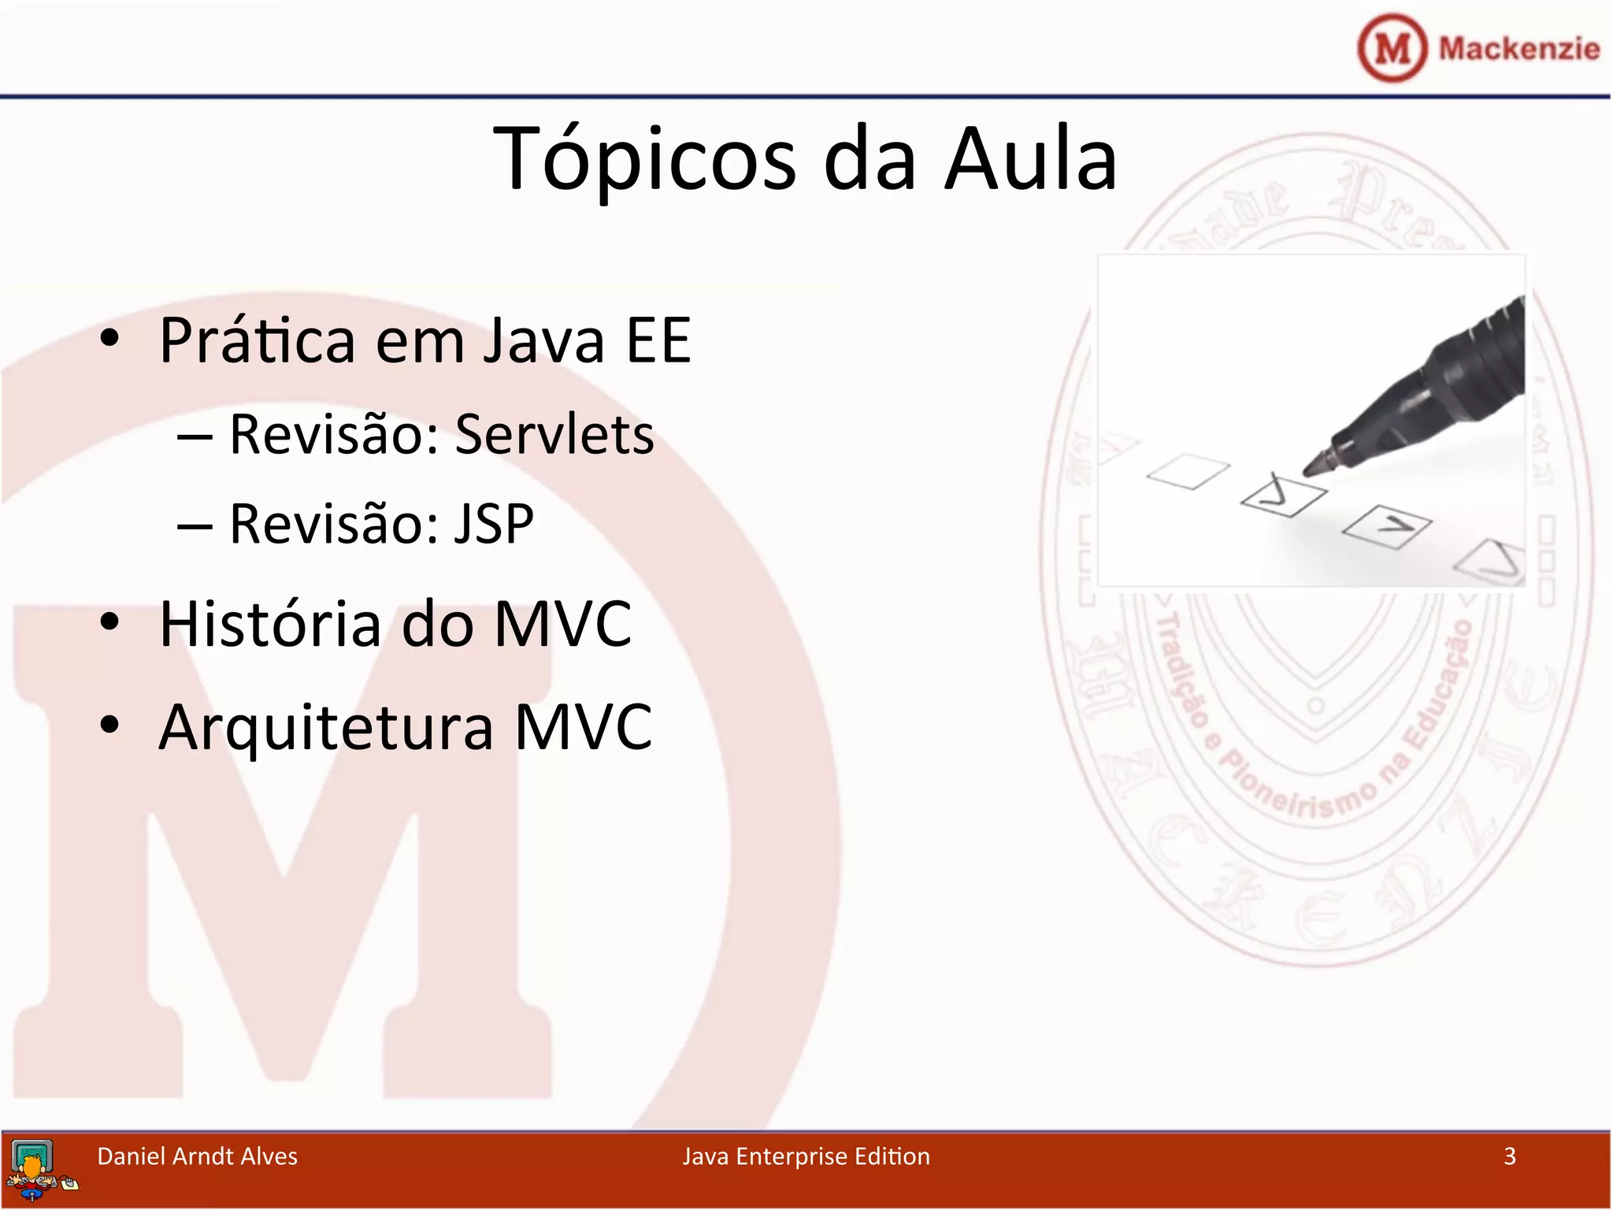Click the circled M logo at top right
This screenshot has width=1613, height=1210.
pyautogui.click(x=1392, y=48)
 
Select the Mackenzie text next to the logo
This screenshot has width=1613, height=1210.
pyautogui.click(x=1518, y=49)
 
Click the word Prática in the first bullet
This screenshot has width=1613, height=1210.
pyautogui.click(x=258, y=341)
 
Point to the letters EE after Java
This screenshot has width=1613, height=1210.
pyautogui.click(x=658, y=341)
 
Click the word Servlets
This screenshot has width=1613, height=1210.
pyautogui.click(x=554, y=435)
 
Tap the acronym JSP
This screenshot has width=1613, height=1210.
pyautogui.click(x=494, y=524)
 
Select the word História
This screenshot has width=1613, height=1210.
pyautogui.click(x=269, y=624)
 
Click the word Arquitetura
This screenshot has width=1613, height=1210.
pyautogui.click(x=325, y=727)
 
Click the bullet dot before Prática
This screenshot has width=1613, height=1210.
pyautogui.click(x=109, y=339)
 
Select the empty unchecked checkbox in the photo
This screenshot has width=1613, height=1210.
pyautogui.click(x=1188, y=471)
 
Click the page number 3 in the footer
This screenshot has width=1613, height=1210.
pyautogui.click(x=1509, y=1156)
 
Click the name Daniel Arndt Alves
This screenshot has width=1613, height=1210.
pyautogui.click(x=197, y=1156)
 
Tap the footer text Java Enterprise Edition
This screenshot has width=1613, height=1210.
pyautogui.click(x=806, y=1156)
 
